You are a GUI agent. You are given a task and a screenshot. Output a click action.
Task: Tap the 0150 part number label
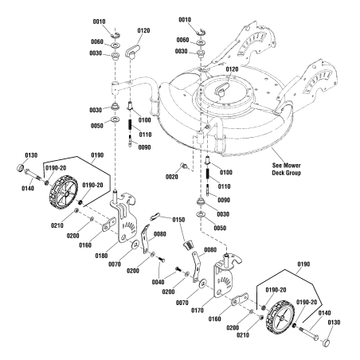pyautogui.click(x=177, y=219)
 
